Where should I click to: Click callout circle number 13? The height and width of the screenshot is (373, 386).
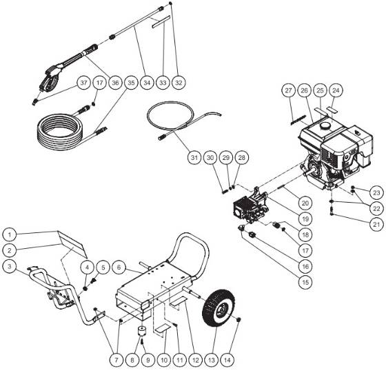click(216, 359)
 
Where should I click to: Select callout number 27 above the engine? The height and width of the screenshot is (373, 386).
click(287, 91)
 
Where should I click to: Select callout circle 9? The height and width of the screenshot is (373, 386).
click(145, 359)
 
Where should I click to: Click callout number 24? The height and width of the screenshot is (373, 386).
click(336, 91)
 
